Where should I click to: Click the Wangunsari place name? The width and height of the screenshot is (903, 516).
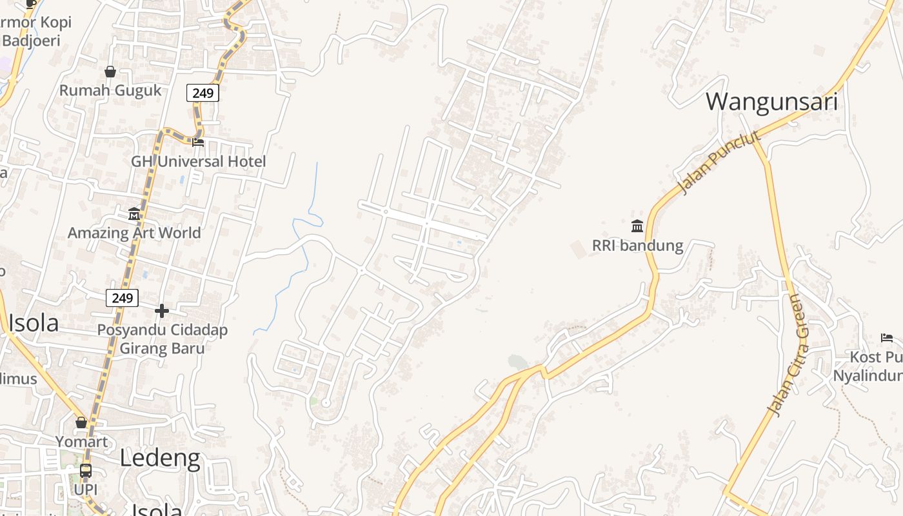[771, 102]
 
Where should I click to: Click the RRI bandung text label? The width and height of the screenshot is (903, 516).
[637, 246]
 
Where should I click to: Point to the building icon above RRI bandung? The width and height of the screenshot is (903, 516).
[637, 226]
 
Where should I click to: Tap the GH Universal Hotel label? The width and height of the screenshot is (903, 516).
[199, 161]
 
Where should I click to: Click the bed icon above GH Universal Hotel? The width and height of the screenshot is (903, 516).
[198, 142]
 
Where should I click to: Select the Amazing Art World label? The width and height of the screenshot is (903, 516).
[134, 232]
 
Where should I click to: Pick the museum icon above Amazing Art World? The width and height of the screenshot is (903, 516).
[134, 213]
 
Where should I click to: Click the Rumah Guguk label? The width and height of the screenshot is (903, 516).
[110, 90]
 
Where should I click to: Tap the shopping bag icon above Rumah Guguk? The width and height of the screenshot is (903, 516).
[110, 71]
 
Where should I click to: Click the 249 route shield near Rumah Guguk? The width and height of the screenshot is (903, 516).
[203, 93]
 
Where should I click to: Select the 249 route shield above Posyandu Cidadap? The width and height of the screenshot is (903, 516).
[122, 297]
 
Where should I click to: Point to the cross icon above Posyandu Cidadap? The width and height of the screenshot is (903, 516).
[161, 312]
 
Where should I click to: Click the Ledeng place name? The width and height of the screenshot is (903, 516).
[160, 458]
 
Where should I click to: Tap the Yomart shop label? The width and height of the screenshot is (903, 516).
[81, 442]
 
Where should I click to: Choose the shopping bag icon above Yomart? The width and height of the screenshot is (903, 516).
[81, 422]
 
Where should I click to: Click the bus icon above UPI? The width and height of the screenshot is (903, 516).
[86, 471]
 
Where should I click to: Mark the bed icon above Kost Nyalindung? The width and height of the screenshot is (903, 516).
[887, 337]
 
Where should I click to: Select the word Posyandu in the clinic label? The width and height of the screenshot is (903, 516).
[130, 330]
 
